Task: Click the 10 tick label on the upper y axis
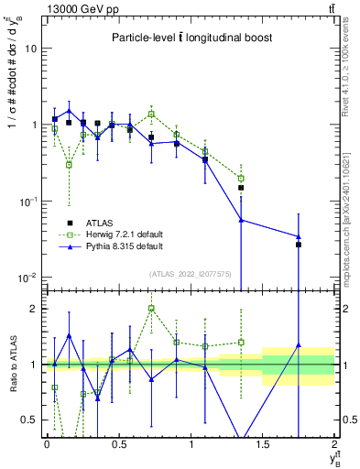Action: pyautogui.click(x=31, y=49)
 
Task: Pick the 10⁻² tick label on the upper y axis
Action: pyautogui.click(x=27, y=277)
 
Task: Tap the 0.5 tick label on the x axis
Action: pyautogui.click(x=118, y=444)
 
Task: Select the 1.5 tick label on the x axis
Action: pyautogui.click(x=263, y=444)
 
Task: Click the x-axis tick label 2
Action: pyautogui.click(x=335, y=444)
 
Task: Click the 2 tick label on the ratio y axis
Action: pyautogui.click(x=35, y=309)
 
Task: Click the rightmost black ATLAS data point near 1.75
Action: pyautogui.click(x=299, y=245)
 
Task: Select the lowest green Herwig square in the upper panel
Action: pyautogui.click(x=69, y=165)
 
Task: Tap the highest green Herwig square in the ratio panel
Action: pyautogui.click(x=151, y=309)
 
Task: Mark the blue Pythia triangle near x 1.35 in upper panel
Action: pyautogui.click(x=241, y=220)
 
